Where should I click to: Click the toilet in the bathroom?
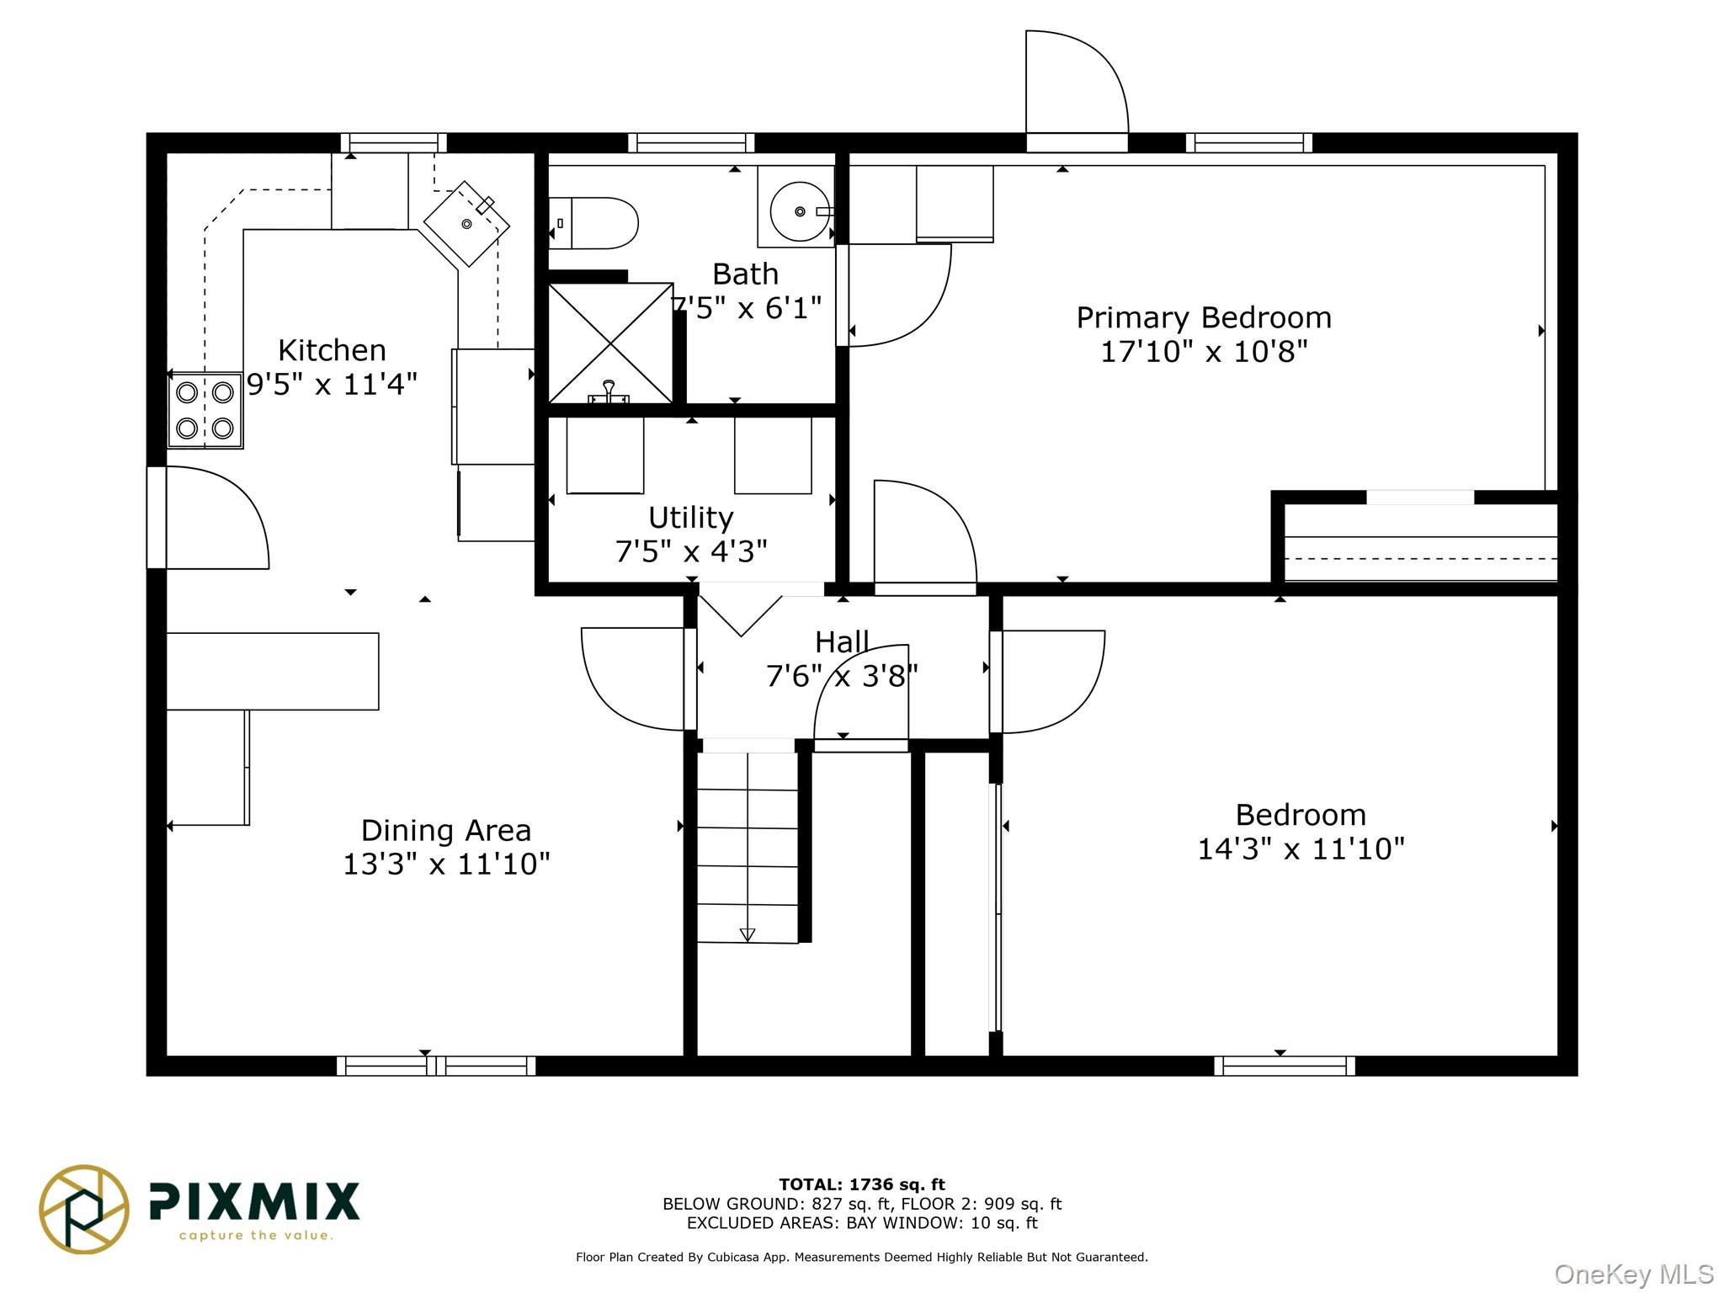click(593, 223)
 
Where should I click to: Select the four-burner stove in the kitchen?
click(205, 411)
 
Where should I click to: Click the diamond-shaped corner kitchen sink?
click(466, 223)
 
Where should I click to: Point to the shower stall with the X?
click(610, 343)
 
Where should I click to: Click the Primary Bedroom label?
click(1204, 317)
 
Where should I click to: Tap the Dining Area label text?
click(446, 831)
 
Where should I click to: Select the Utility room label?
click(691, 517)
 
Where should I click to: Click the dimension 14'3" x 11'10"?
click(1301, 849)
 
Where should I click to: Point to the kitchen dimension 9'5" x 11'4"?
click(333, 385)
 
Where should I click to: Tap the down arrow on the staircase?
click(747, 934)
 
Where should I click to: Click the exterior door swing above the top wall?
click(1077, 82)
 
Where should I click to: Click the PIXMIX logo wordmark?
click(254, 1201)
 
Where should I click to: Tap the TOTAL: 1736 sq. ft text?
click(862, 1185)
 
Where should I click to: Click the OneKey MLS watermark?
click(1634, 1274)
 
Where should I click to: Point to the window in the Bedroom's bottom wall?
click(1285, 1066)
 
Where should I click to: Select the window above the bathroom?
click(691, 143)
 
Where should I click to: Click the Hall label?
click(842, 642)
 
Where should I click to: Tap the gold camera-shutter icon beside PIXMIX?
click(84, 1210)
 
